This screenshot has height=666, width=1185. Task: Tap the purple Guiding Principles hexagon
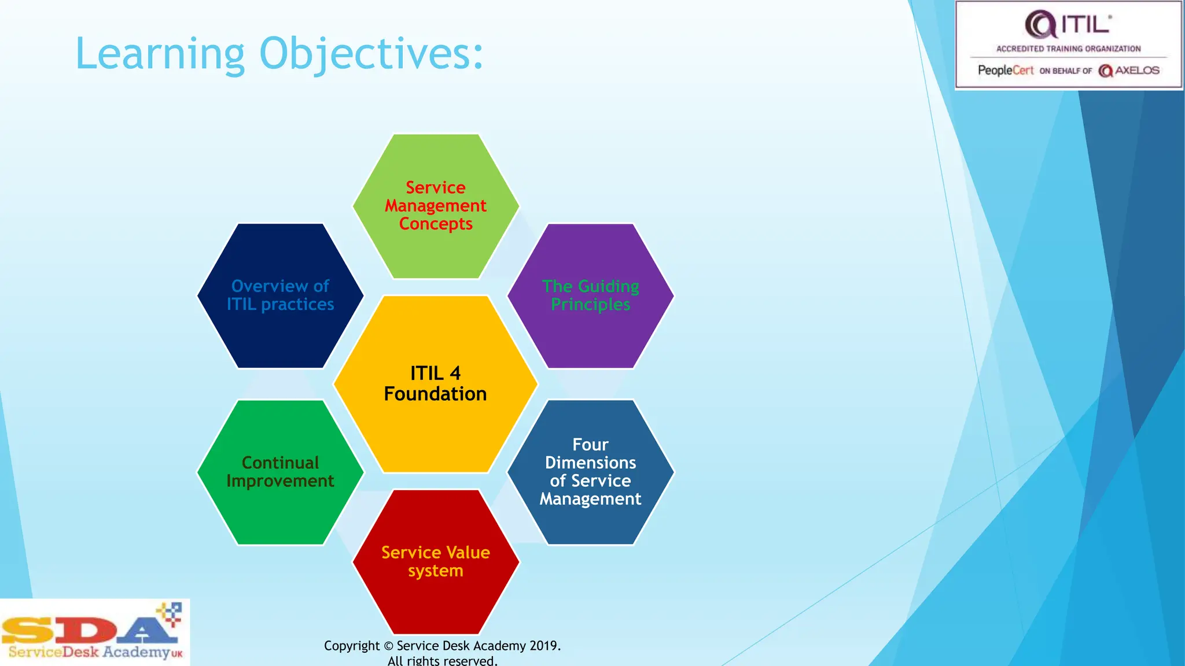pyautogui.click(x=591, y=335)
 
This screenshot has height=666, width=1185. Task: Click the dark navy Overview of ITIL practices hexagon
pyautogui.click(x=281, y=335)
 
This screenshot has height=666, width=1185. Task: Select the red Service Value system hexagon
pyautogui.click(x=436, y=601)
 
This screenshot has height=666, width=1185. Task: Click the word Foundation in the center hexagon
pyautogui.click(x=436, y=394)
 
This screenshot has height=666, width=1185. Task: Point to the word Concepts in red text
pyautogui.click(x=436, y=224)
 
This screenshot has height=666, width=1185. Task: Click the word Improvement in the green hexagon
pyautogui.click(x=281, y=481)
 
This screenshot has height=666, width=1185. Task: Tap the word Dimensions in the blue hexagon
pyautogui.click(x=591, y=462)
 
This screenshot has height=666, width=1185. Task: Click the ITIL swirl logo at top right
pyautogui.click(x=1040, y=25)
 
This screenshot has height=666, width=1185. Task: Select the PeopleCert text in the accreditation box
pyautogui.click(x=1006, y=71)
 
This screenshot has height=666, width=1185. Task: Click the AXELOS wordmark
pyautogui.click(x=1136, y=71)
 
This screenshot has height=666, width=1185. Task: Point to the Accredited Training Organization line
pyautogui.click(x=1068, y=49)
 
